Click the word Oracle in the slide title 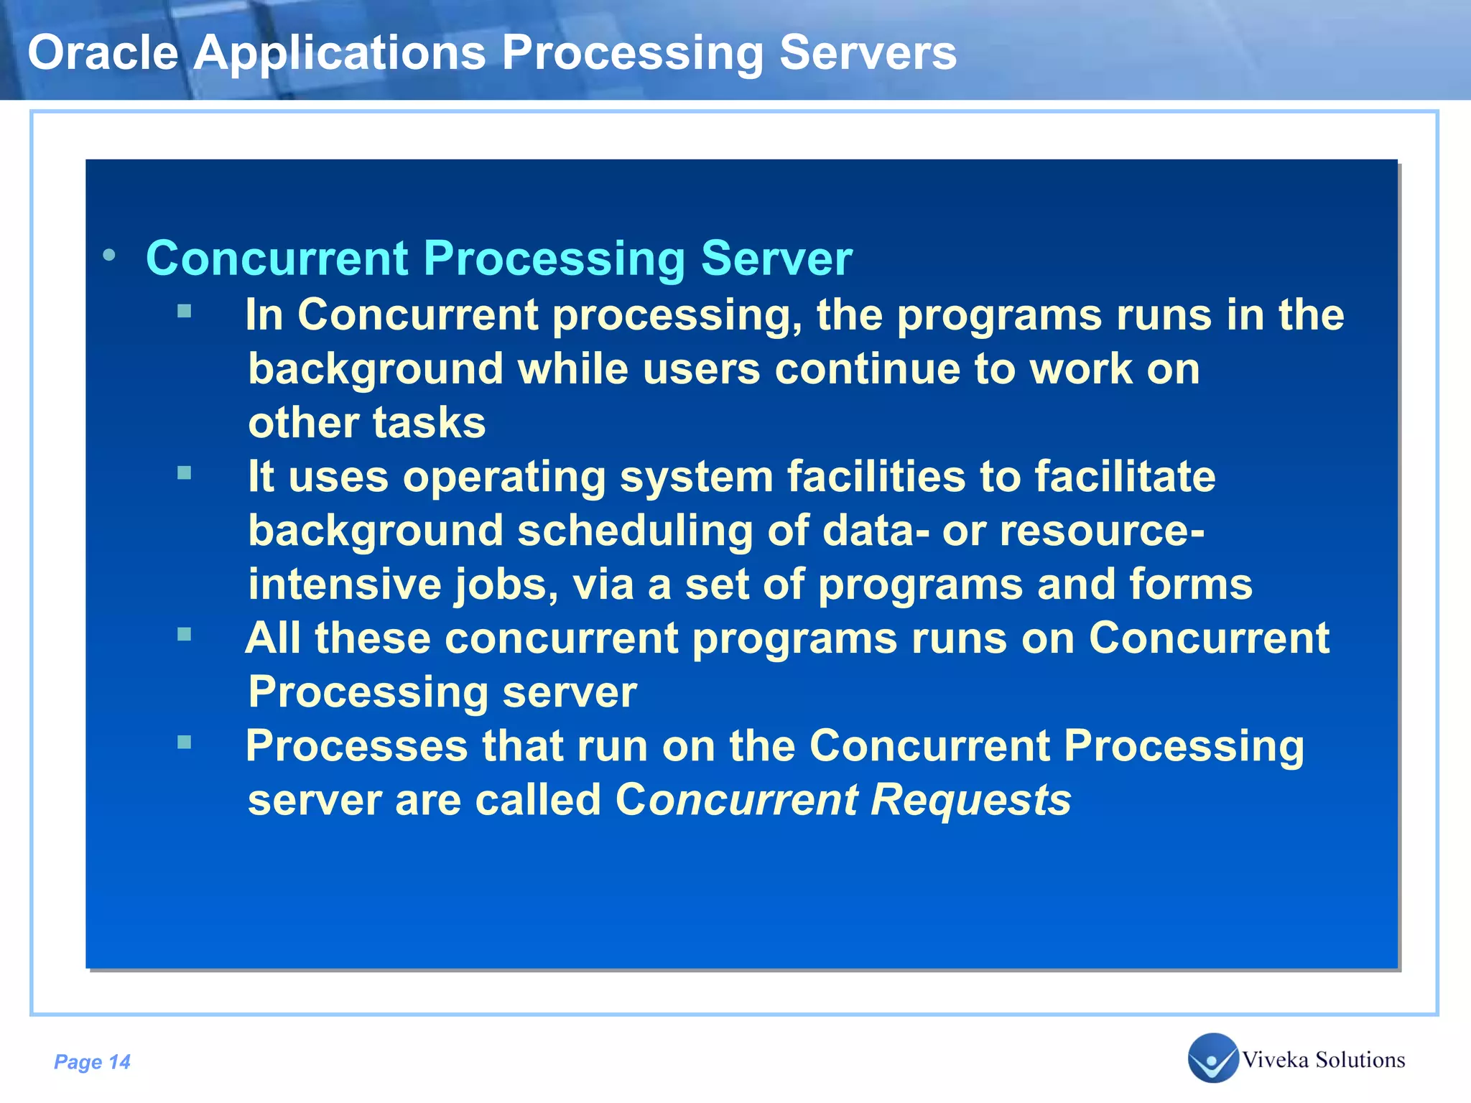pyautogui.click(x=103, y=53)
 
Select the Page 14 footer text pyautogui.click(x=92, y=1061)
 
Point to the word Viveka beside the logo pyautogui.click(x=1275, y=1060)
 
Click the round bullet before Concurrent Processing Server pyautogui.click(x=109, y=255)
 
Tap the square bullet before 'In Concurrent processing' pyautogui.click(x=185, y=311)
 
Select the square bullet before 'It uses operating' pyautogui.click(x=185, y=473)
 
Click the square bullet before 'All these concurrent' pyautogui.click(x=185, y=634)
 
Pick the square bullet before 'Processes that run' pyautogui.click(x=185, y=742)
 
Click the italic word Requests pyautogui.click(x=970, y=800)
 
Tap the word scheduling pyautogui.click(x=635, y=531)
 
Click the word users pyautogui.click(x=701, y=369)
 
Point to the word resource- pyautogui.click(x=1102, y=531)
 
